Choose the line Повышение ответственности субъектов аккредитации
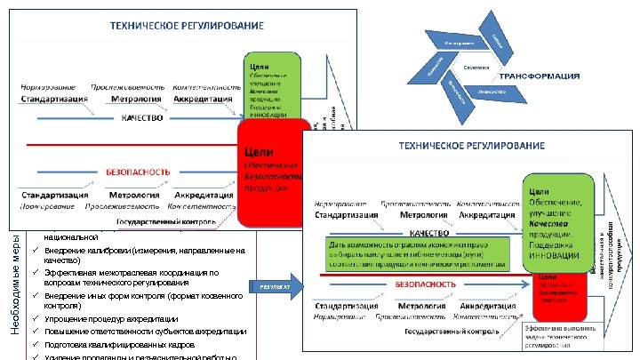(x=145, y=331)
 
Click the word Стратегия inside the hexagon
(x=476, y=68)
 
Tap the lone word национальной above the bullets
(x=71, y=238)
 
